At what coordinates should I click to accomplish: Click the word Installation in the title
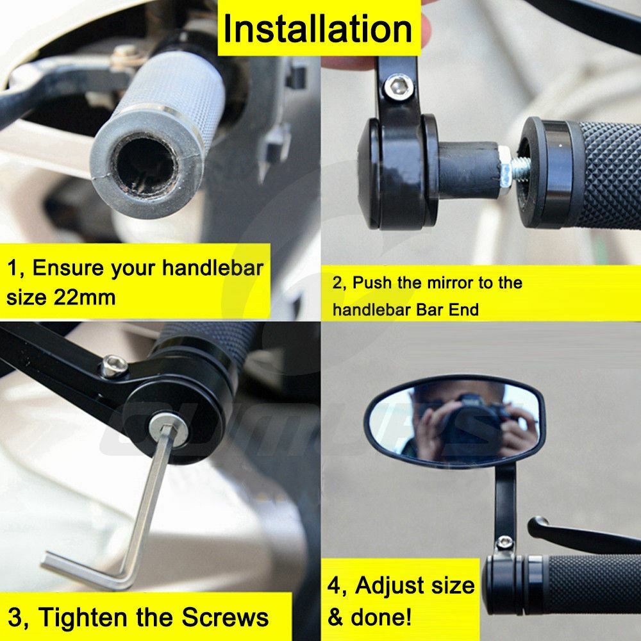coord(318,29)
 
